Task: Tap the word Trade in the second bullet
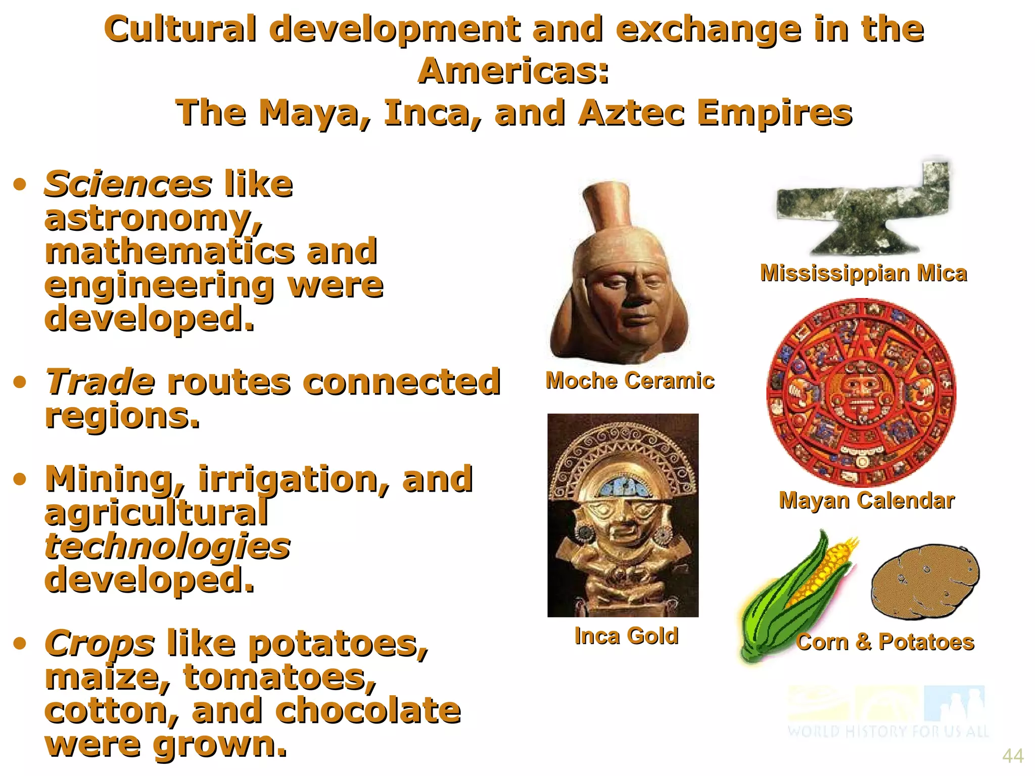(100, 382)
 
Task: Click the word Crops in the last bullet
(100, 644)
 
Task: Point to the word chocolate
(368, 710)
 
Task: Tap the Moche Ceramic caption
(630, 380)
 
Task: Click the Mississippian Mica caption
(863, 273)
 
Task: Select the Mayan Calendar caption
(866, 501)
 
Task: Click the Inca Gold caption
(626, 636)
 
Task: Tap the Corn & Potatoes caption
(885, 642)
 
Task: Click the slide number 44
(1012, 756)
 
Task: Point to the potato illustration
(925, 581)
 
